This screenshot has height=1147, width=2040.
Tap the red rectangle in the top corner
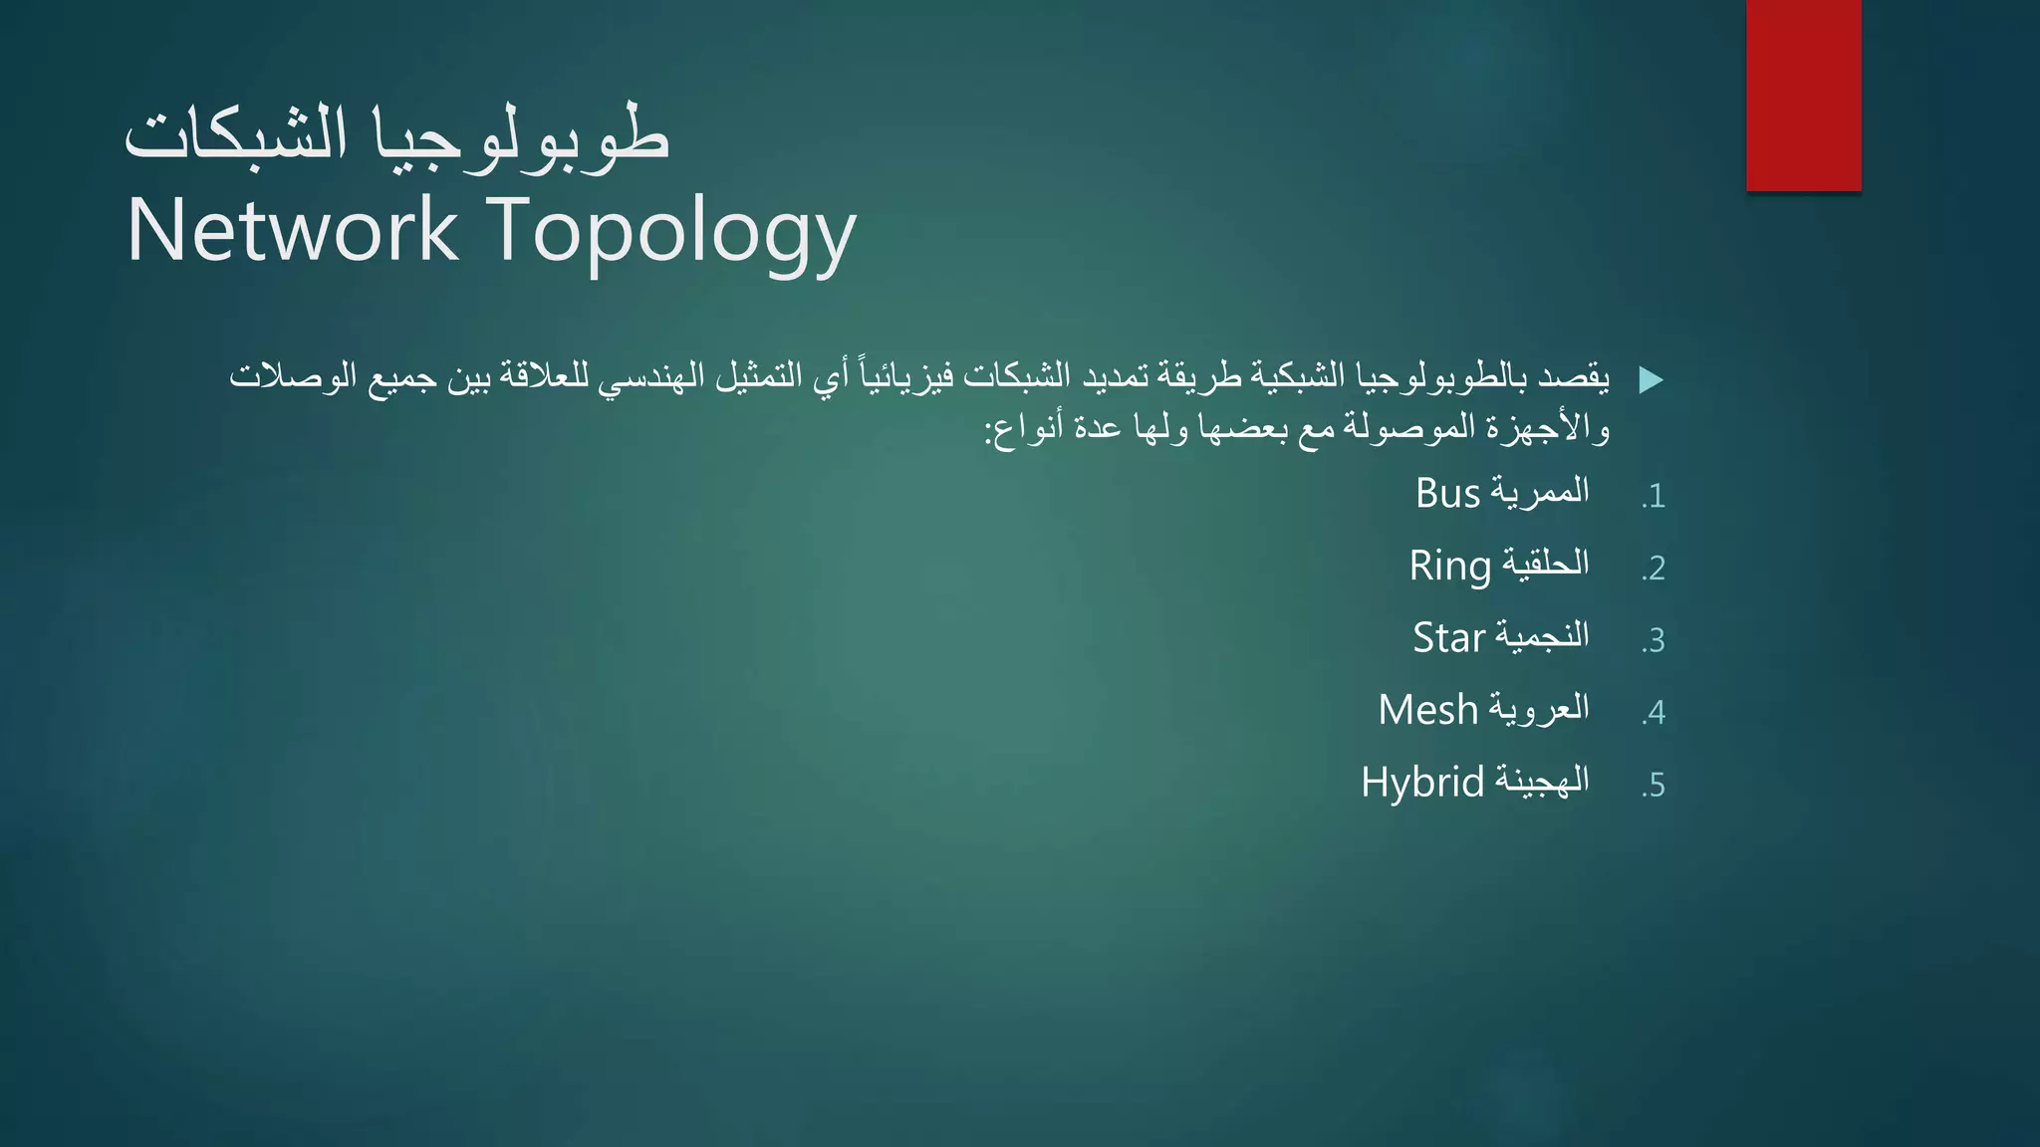point(1803,96)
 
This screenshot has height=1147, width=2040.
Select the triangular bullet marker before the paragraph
point(1651,379)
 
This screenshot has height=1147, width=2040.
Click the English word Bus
point(1447,494)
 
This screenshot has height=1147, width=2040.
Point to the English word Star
point(1448,638)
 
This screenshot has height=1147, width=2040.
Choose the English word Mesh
point(1427,710)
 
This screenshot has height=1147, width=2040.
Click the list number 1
point(1655,496)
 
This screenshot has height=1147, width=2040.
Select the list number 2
point(1655,569)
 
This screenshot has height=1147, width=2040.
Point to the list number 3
point(1655,640)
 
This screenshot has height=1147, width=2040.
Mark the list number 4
point(1655,713)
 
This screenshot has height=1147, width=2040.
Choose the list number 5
point(1655,786)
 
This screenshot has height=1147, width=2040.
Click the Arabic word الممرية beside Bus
point(1540,492)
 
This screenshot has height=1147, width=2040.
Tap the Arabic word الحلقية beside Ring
point(1545,565)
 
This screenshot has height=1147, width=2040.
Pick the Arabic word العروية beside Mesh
point(1539,709)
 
